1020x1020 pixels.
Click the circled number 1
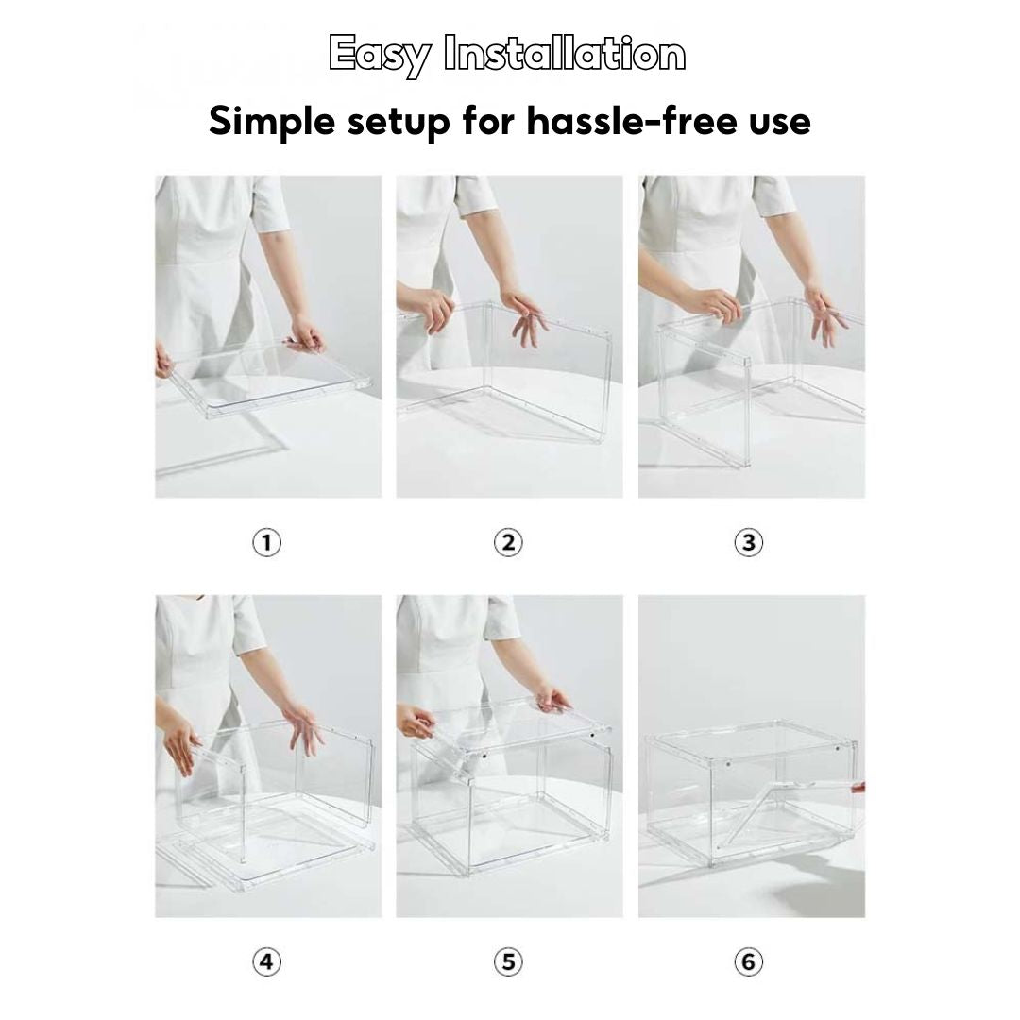point(267,543)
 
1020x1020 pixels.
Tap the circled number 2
point(508,543)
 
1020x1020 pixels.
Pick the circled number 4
point(267,962)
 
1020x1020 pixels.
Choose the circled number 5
point(508,962)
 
